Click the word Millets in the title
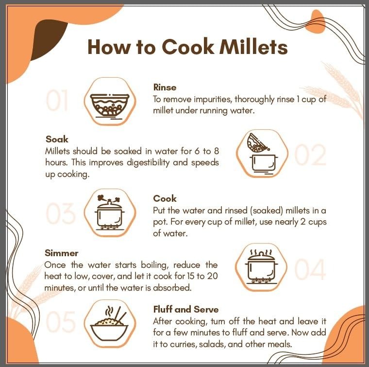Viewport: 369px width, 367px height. point(253,47)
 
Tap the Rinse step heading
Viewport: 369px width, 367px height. point(165,87)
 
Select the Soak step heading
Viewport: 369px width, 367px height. point(57,139)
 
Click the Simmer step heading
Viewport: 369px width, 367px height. point(62,253)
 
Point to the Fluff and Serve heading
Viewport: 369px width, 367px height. point(186,309)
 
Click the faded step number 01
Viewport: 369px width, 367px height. point(57,100)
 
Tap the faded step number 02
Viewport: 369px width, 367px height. point(310,155)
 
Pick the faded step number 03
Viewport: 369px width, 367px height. point(61,214)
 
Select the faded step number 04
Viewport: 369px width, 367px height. point(310,269)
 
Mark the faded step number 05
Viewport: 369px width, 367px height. point(61,321)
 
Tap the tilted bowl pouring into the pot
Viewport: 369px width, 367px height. point(258,142)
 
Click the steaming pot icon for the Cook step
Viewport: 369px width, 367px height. point(110,213)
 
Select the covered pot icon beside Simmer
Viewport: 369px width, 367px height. point(261,267)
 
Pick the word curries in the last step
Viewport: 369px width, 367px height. point(184,344)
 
